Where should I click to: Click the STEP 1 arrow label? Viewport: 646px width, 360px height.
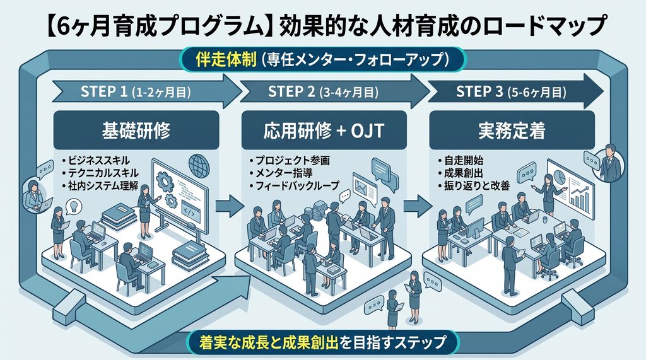[136, 91]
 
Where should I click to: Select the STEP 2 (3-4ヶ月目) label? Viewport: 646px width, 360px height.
[323, 91]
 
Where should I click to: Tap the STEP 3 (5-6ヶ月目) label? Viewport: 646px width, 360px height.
[511, 91]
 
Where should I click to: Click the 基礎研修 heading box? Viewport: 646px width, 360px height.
[136, 130]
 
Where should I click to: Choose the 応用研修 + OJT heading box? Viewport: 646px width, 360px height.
[324, 130]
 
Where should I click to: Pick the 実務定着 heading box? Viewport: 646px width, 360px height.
[512, 130]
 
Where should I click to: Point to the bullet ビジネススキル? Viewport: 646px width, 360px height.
[96, 160]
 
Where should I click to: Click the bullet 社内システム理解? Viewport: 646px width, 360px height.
[100, 186]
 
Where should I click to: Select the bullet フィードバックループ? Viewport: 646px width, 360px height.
[294, 186]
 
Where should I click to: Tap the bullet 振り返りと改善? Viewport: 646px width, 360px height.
[474, 186]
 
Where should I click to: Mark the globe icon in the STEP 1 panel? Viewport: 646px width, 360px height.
[199, 165]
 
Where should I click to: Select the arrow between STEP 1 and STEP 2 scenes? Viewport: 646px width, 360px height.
[230, 206]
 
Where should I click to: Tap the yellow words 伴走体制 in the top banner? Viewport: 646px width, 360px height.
[226, 60]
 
